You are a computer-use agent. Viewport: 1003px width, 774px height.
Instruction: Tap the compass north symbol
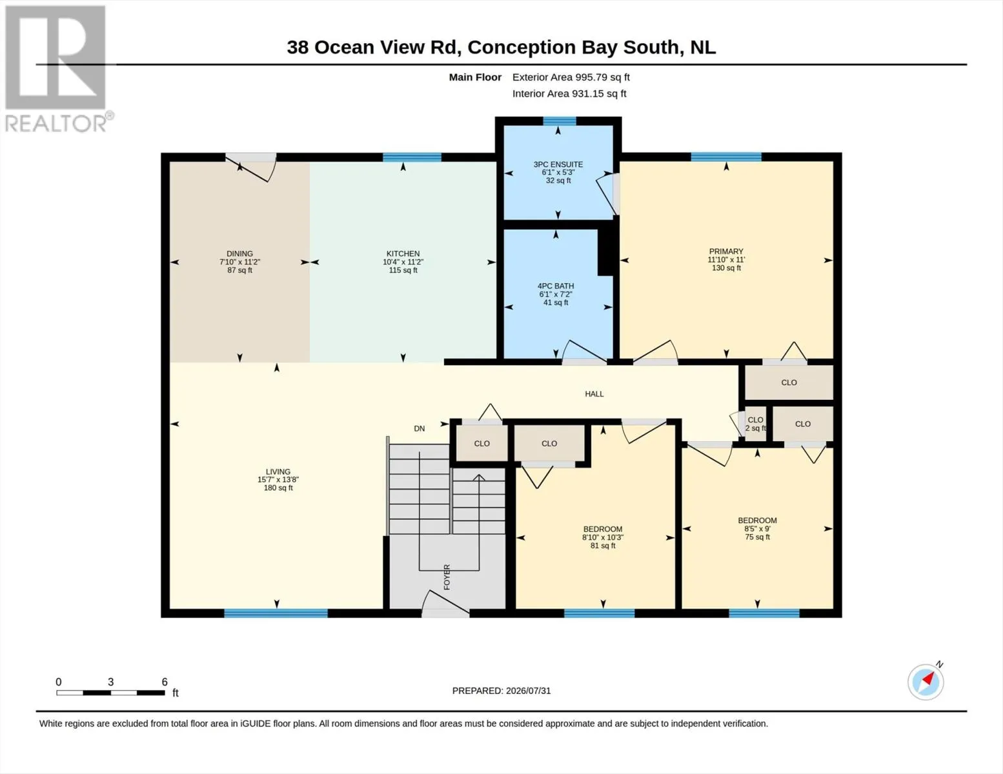tap(926, 682)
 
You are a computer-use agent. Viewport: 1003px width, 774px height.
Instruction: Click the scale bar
tap(111, 693)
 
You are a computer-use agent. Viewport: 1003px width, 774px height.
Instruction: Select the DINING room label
tap(239, 253)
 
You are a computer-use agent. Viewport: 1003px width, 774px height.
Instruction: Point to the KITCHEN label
tap(403, 253)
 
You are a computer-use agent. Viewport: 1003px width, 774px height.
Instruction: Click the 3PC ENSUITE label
tap(558, 164)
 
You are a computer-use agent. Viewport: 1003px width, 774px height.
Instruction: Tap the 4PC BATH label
tap(556, 286)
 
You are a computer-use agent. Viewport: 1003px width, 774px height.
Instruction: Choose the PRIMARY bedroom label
tap(726, 252)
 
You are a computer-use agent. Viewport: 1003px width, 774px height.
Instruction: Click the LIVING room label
tap(278, 471)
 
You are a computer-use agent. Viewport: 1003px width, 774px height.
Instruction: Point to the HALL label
tap(594, 394)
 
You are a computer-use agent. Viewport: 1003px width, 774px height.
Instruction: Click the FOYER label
tap(447, 577)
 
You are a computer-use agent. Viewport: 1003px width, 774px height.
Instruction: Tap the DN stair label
tap(419, 428)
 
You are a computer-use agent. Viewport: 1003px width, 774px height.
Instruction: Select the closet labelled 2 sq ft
tap(756, 424)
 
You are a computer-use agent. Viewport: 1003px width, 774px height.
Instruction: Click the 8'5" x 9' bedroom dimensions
tap(757, 529)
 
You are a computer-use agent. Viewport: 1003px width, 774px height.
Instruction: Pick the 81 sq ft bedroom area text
tap(603, 546)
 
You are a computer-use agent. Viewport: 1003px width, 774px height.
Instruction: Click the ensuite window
tap(560, 121)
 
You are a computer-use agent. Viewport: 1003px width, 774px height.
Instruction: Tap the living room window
tap(276, 613)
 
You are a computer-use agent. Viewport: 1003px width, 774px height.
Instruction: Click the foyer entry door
tap(446, 604)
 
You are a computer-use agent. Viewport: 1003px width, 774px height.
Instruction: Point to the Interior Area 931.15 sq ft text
tap(569, 94)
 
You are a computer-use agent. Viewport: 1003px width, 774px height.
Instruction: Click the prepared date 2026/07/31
tap(528, 691)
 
